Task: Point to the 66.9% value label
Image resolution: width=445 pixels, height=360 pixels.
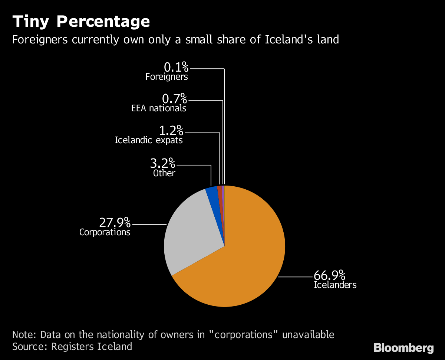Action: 329,276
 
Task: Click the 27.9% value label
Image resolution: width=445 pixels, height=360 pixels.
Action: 115,223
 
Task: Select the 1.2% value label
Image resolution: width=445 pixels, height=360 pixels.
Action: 171,131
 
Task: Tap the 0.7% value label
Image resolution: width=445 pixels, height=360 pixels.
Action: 174,99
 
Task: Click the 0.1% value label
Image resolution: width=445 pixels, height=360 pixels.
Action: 176,68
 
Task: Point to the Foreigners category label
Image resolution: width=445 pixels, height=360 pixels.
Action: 167,77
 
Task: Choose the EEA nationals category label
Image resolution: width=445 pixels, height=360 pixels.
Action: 159,108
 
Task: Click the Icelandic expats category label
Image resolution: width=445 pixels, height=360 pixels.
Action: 149,140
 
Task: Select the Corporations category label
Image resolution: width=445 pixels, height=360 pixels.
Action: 105,232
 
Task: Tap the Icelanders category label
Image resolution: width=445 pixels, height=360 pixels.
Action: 335,285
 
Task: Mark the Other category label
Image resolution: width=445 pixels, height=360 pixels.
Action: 164,173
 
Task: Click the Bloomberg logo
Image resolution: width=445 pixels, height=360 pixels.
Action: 403,348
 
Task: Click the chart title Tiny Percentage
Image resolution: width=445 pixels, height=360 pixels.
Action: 81,22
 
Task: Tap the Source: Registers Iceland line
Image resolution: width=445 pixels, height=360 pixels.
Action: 72,347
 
